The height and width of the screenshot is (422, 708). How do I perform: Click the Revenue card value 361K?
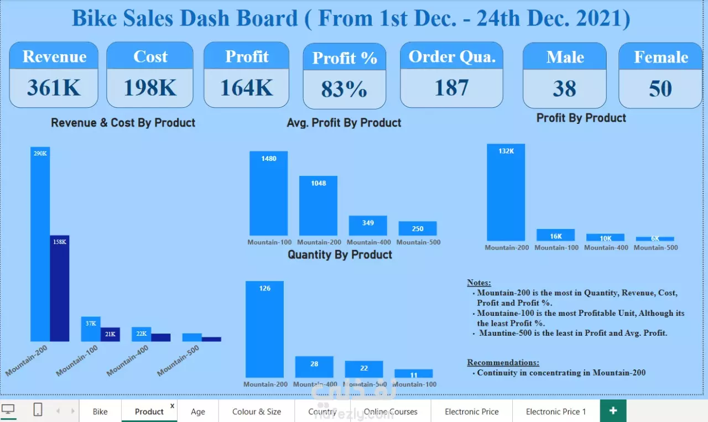point(54,87)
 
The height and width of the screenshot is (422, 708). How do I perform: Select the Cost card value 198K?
point(150,87)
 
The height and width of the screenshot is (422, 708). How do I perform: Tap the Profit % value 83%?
point(344,89)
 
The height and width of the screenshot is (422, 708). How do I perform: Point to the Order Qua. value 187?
point(451,87)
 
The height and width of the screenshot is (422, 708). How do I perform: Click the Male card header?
point(565,57)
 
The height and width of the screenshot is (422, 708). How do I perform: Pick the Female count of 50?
point(660,88)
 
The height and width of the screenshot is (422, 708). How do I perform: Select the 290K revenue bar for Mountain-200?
point(40,243)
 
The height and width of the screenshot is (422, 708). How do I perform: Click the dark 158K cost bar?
point(60,288)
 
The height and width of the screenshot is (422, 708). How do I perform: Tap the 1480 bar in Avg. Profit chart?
point(269,194)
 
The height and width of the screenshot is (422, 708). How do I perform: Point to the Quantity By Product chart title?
point(340,254)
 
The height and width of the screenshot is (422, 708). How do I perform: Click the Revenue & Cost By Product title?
point(123,123)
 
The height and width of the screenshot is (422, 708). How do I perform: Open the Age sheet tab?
point(198,411)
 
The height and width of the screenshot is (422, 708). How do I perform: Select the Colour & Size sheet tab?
point(257,411)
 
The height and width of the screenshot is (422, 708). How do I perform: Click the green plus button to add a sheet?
point(613,411)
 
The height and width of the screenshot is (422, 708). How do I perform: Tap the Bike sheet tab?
point(100,411)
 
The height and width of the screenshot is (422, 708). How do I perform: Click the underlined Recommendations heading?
point(503,362)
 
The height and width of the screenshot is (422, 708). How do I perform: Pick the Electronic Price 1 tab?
point(555,411)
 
